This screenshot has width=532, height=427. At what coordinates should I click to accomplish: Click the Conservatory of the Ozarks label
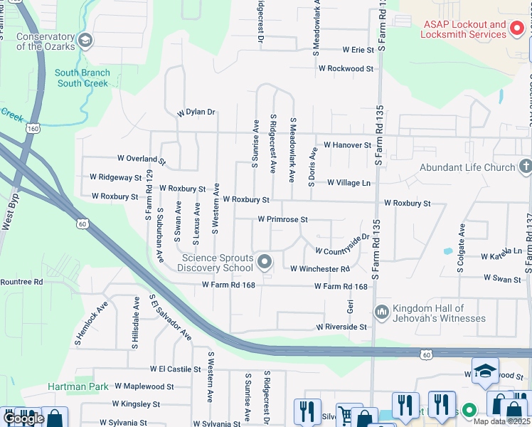click(x=45, y=41)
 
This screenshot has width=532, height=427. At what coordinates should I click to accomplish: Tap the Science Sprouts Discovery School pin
click(x=265, y=263)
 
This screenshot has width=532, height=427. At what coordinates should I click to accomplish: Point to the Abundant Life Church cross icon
click(x=526, y=167)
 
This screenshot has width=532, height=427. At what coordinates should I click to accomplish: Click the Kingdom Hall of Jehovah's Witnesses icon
click(x=381, y=312)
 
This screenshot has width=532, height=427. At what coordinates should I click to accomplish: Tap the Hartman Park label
click(x=78, y=386)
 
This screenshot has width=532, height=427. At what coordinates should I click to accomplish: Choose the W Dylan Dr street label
click(x=196, y=112)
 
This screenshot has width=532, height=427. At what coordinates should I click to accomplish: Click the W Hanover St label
click(x=347, y=144)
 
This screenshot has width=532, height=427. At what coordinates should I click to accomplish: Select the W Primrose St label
click(x=282, y=220)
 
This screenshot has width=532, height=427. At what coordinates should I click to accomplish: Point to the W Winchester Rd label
click(x=320, y=269)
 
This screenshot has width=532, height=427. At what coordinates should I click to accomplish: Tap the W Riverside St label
click(x=341, y=327)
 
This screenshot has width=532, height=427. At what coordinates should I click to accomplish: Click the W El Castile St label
click(x=176, y=369)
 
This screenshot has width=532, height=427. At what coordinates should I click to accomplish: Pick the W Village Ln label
click(x=349, y=183)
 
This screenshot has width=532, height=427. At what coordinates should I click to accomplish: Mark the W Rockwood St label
click(x=346, y=69)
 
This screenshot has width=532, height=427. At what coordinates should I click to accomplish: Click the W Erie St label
click(x=358, y=50)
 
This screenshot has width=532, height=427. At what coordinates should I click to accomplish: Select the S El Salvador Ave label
click(x=171, y=317)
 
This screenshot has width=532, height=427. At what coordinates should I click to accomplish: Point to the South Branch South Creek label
click(x=82, y=78)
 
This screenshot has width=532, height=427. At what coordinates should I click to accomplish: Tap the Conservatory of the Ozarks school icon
click(x=86, y=39)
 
